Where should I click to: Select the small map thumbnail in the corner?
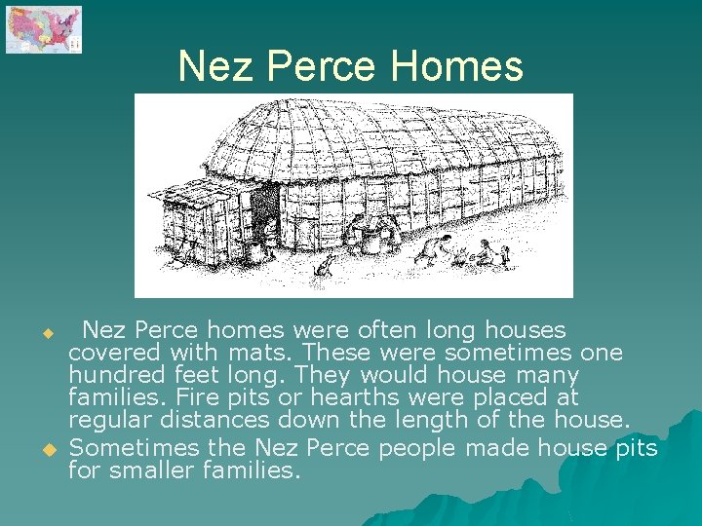[44, 29]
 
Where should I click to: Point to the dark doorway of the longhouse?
[264, 208]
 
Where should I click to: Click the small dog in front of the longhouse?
[325, 266]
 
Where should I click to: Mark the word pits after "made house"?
[634, 447]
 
